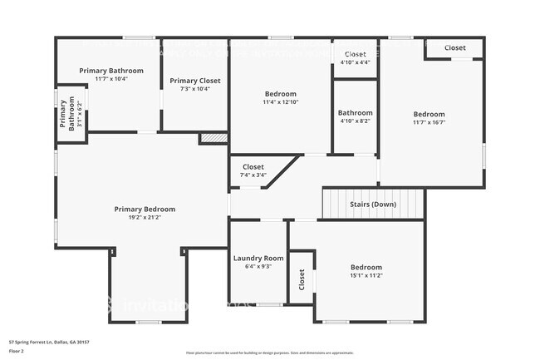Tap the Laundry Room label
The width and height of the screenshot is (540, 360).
[x=258, y=258]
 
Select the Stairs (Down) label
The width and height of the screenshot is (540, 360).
[x=372, y=204]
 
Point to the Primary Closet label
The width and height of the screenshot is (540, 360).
[x=195, y=81]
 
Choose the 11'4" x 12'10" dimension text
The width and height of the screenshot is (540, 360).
[x=281, y=102]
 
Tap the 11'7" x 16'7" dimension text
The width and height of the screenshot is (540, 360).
[x=430, y=122]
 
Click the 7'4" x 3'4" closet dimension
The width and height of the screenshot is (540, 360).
[x=253, y=175]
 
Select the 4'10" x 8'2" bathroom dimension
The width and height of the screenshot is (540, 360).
[x=355, y=121]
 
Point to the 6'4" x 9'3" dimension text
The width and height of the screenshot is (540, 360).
[x=258, y=266]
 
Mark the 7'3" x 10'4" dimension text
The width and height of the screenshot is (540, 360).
[x=195, y=89]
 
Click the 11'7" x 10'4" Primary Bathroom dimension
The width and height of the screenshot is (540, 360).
[x=111, y=79]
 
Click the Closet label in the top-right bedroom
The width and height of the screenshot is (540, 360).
[x=454, y=47]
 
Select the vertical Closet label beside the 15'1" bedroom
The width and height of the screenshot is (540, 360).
[x=302, y=281]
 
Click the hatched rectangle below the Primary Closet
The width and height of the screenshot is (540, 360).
[x=214, y=138]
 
